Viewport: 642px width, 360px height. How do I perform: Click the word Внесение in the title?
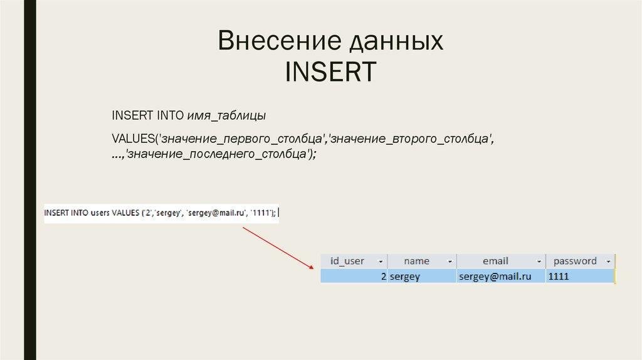click(x=270, y=42)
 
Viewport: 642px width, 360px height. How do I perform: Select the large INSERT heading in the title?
click(x=330, y=71)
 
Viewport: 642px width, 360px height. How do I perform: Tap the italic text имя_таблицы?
click(x=226, y=116)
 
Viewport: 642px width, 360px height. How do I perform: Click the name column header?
click(x=416, y=261)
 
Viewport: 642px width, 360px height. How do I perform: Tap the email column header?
click(x=495, y=261)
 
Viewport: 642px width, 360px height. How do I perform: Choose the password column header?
click(x=575, y=261)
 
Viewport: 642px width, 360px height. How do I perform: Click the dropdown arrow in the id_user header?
click(x=380, y=262)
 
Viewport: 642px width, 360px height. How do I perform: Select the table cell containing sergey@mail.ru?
click(x=495, y=276)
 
